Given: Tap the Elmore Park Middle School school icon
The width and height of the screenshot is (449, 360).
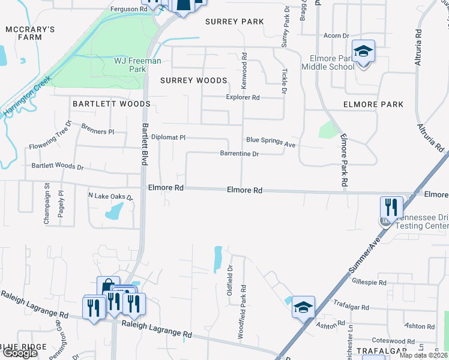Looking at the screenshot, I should [363, 52].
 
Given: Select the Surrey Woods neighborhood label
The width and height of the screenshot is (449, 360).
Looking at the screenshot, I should [194, 80].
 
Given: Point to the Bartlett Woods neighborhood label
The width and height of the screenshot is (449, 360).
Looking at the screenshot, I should [111, 104].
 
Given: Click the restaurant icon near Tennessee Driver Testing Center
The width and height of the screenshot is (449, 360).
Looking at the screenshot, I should [391, 208].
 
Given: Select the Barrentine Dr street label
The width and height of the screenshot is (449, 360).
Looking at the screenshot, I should [240, 154].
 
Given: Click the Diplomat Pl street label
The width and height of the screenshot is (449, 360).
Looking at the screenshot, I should [168, 137].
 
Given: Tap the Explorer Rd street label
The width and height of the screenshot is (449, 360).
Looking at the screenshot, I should [243, 97].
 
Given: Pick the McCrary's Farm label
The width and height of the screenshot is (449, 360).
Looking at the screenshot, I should [30, 33].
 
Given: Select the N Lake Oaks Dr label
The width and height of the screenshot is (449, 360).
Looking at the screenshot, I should [110, 196].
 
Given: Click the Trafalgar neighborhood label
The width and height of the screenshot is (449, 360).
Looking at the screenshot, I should [382, 350].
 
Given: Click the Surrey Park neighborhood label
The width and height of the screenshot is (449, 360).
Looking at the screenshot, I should [234, 22].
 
